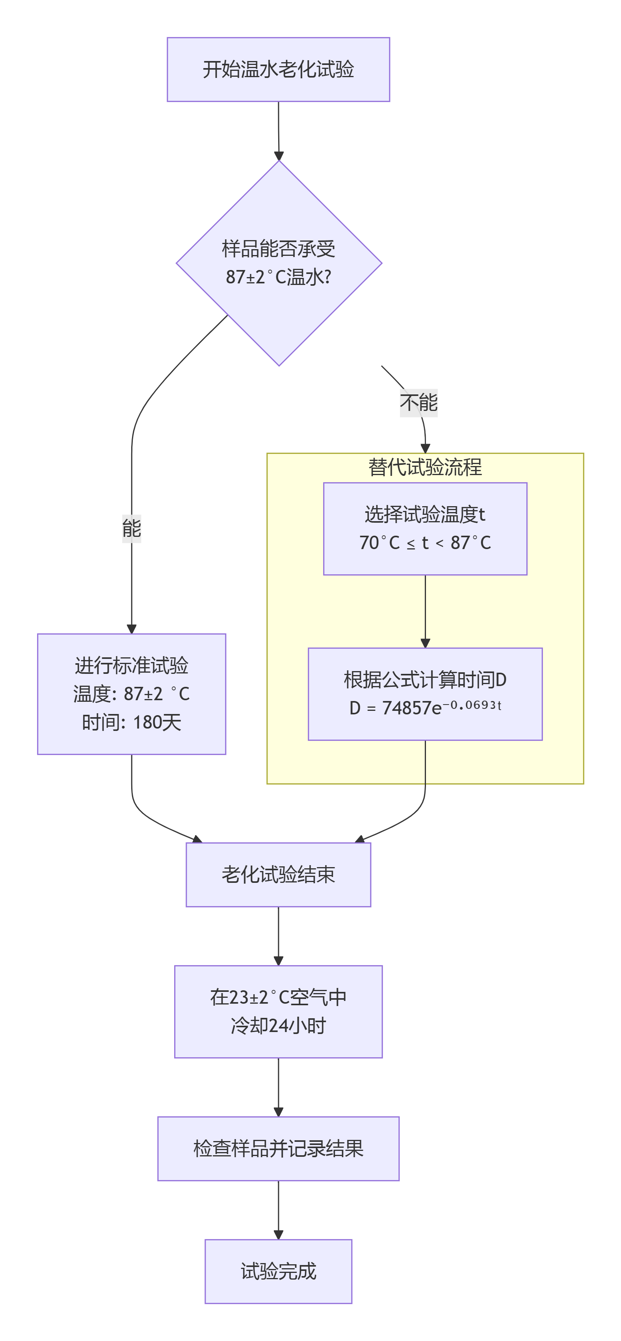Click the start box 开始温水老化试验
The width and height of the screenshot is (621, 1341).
point(278,69)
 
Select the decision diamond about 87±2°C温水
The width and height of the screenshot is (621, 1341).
point(279,263)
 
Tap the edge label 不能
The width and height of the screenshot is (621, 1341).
point(418,402)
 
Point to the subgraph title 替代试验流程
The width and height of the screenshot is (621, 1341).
point(425,467)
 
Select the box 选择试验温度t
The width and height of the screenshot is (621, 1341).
point(425,528)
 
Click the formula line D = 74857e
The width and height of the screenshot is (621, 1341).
point(396,708)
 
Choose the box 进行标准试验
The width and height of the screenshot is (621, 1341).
point(131,694)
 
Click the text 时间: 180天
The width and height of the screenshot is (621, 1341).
point(131,722)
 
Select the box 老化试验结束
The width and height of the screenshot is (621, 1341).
point(278,875)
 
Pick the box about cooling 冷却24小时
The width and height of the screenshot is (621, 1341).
point(278,1012)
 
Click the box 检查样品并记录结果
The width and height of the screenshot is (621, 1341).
point(278,1149)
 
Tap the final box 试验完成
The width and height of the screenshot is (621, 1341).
point(278,1271)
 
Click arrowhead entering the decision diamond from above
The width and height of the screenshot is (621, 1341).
point(279,155)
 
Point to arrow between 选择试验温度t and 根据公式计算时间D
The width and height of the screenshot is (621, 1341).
point(425,611)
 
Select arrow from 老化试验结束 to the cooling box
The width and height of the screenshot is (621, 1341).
point(278,936)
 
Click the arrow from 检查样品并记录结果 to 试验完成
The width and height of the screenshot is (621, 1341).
point(278,1210)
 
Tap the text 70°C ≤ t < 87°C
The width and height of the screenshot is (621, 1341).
point(425,543)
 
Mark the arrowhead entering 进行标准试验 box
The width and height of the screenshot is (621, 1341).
point(131,629)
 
